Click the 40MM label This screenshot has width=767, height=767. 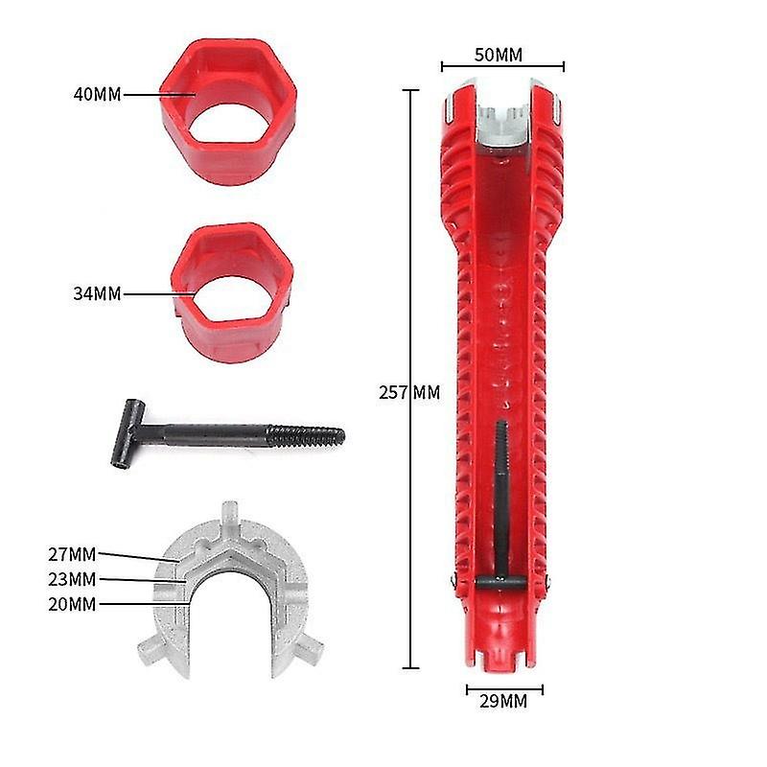pos(97,94)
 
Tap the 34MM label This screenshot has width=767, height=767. pos(97,293)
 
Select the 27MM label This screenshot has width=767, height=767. pos(72,553)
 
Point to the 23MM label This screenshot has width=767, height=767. pos(72,578)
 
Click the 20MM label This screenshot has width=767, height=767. pos(72,603)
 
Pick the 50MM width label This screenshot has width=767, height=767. pos(499,55)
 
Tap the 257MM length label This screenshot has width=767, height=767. pos(410,392)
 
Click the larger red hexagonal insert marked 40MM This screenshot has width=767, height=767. pos(228,113)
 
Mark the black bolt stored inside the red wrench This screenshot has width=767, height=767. pos(500,499)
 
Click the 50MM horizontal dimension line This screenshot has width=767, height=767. pos(502,67)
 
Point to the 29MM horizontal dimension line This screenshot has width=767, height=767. pos(504,688)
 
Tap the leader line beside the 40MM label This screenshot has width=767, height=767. pos(158,94)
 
